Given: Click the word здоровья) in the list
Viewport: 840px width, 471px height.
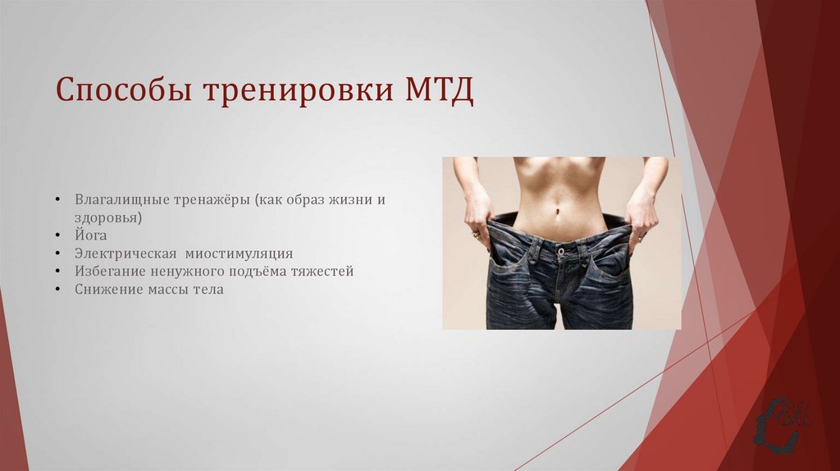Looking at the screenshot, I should (108, 217).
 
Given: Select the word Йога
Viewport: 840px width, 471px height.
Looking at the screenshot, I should (91, 235).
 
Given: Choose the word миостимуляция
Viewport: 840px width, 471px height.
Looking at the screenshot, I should (239, 254).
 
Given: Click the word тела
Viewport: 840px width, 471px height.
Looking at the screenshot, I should (208, 289).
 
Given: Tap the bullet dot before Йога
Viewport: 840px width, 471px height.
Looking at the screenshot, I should (59, 236).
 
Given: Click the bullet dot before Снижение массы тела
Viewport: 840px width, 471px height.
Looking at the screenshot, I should (59, 290).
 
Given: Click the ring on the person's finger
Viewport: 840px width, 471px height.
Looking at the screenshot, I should (476, 235).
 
